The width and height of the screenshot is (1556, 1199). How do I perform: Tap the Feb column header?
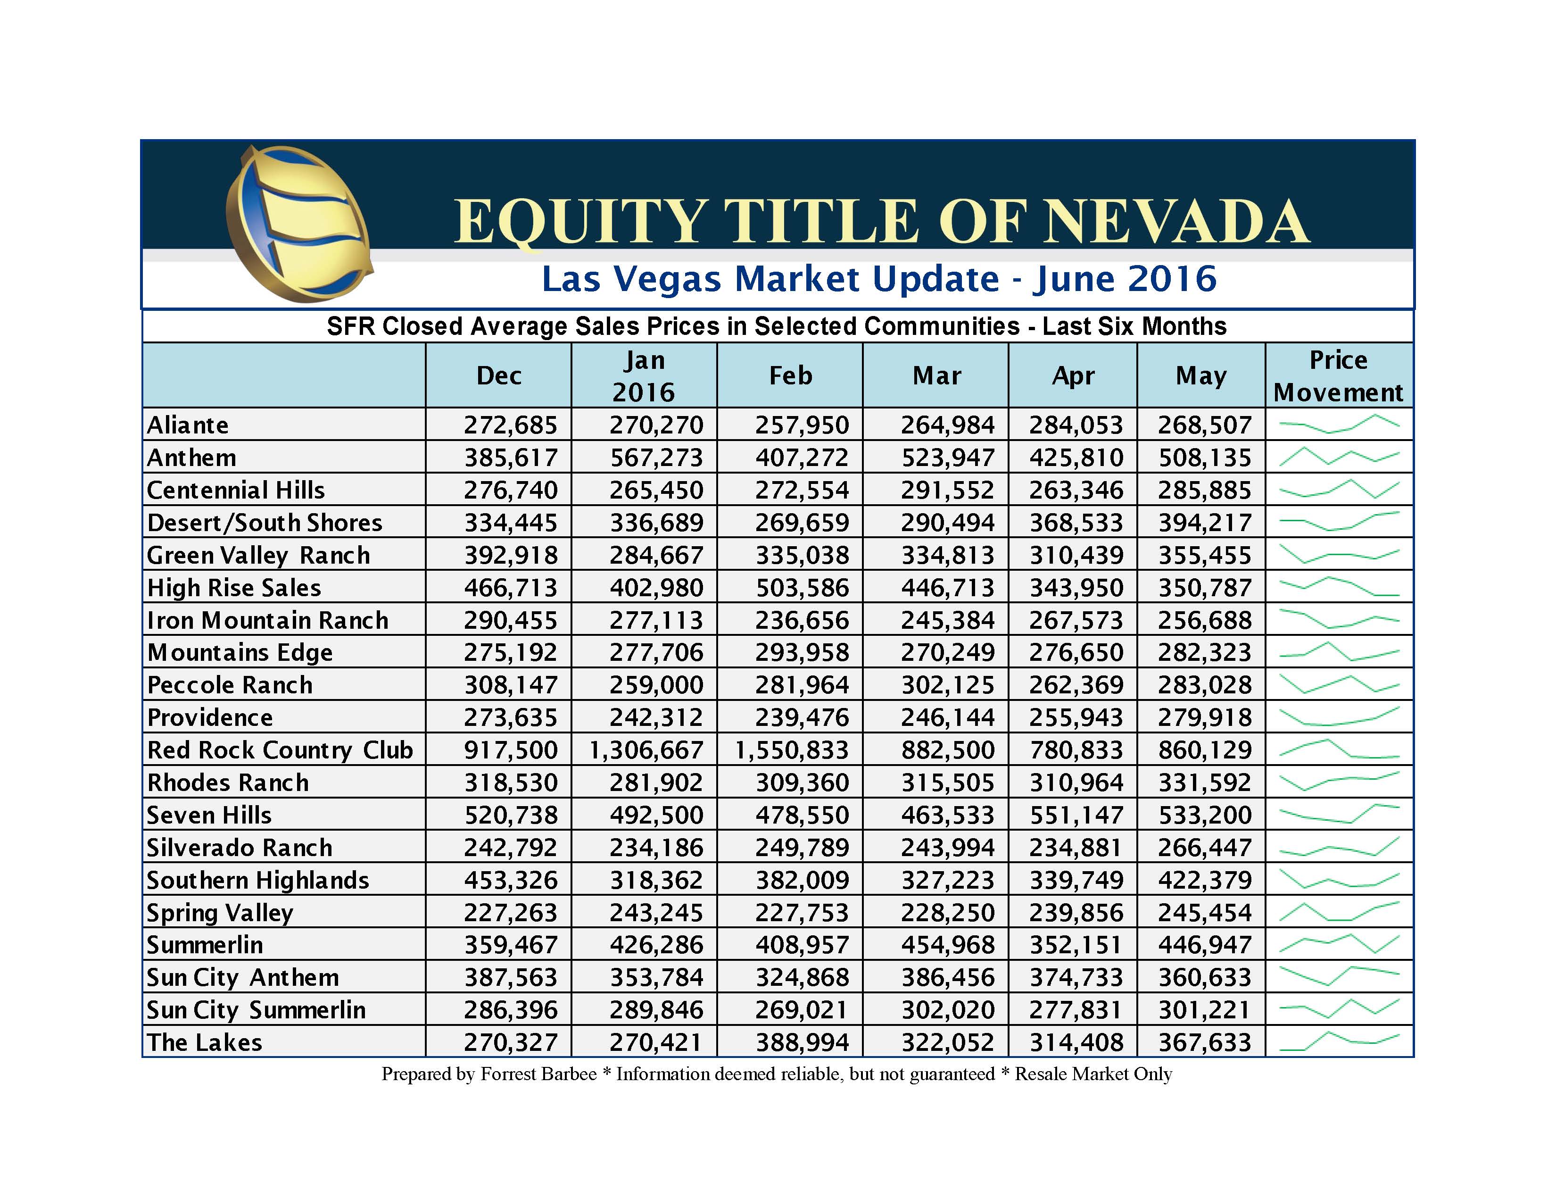click(790, 375)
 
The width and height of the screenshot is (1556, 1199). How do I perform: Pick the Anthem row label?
click(191, 458)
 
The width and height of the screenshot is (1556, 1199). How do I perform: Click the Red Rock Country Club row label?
click(280, 750)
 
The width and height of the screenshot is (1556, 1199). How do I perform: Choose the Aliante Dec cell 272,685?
click(511, 425)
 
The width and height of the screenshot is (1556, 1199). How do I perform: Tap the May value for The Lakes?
click(1204, 1042)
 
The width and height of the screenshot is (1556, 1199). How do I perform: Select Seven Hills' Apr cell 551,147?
click(1076, 815)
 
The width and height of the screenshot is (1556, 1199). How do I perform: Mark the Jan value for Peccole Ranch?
click(656, 685)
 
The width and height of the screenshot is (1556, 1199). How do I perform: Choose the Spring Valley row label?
click(220, 912)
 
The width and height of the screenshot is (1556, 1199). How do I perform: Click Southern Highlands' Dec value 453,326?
click(511, 880)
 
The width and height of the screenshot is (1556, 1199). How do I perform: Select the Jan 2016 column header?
click(644, 375)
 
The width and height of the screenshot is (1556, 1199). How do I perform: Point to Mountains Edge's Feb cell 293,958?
click(802, 652)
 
